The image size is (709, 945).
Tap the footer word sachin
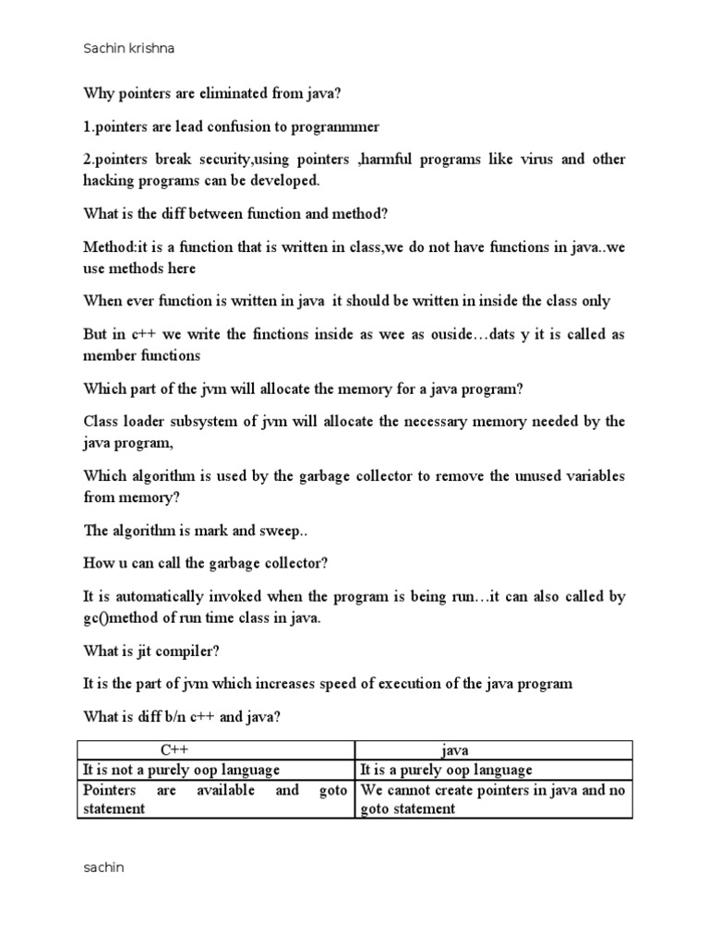pyautogui.click(x=103, y=867)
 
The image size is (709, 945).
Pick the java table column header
pyautogui.click(x=456, y=749)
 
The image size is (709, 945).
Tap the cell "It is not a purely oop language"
pyautogui.click(x=182, y=770)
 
